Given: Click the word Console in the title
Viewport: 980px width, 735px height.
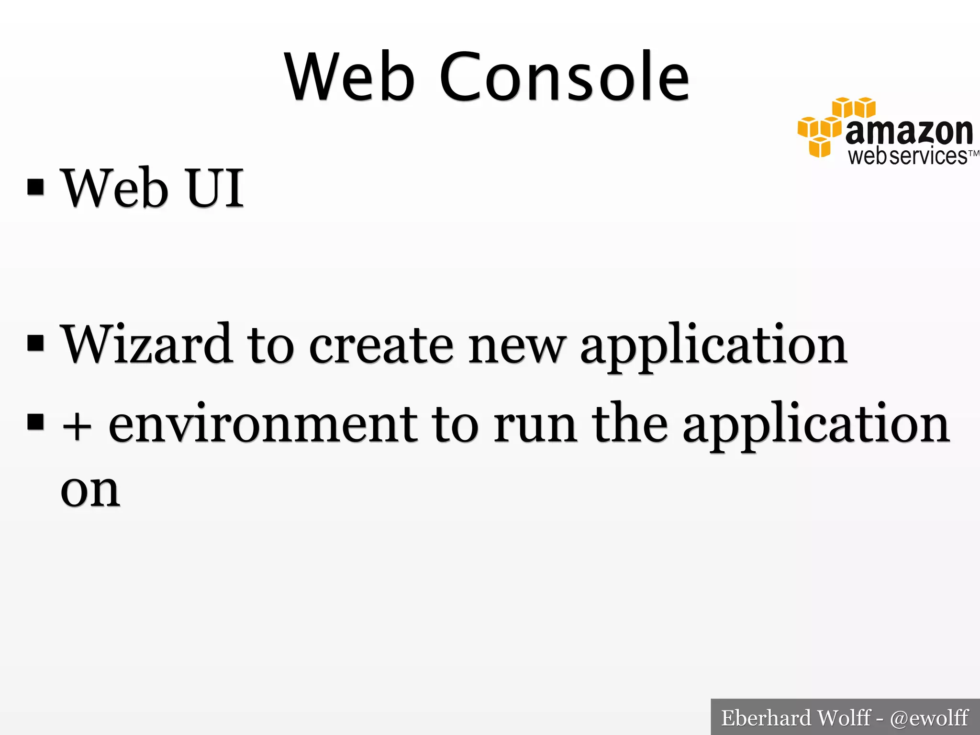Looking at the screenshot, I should tap(565, 77).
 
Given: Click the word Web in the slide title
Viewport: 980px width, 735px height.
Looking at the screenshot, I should tap(349, 77).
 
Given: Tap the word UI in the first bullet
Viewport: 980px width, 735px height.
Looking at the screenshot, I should tap(215, 188).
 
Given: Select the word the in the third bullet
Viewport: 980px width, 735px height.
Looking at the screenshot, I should tap(630, 423).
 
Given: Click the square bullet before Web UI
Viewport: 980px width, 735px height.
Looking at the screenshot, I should tap(36, 188).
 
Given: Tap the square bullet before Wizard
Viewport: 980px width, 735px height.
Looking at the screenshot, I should tap(36, 343).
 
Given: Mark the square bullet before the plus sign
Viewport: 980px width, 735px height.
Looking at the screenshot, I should tap(36, 422).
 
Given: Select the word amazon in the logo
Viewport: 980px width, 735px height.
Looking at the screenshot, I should tap(909, 132).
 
